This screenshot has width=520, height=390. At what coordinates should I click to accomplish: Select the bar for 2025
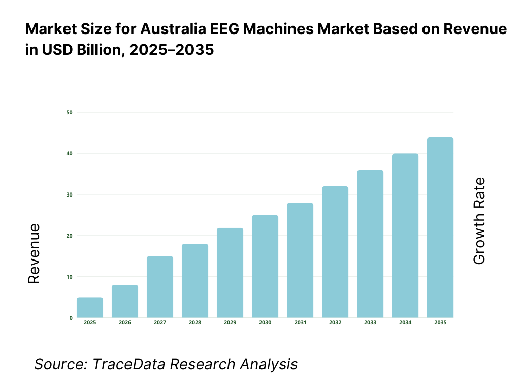90,308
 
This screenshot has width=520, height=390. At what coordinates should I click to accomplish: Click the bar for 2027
160,287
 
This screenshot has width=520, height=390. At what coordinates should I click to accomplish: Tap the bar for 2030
265,267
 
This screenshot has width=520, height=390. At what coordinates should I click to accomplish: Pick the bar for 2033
370,244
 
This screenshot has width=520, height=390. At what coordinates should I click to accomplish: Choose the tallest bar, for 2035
440,227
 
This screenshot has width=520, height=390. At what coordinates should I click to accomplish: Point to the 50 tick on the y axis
69,112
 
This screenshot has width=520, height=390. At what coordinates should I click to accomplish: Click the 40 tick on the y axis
69,153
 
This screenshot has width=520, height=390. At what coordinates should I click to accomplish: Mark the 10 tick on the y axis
69,277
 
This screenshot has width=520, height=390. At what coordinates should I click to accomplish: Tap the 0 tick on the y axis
71,318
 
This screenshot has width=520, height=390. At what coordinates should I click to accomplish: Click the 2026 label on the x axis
125,323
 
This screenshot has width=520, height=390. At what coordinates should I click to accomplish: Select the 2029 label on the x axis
230,323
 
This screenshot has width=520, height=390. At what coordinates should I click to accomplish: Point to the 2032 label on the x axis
335,323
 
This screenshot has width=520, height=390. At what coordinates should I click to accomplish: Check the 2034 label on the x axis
405,323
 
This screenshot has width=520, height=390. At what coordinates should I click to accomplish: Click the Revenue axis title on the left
34,253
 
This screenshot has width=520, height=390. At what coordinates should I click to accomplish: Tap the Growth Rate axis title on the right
479,221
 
